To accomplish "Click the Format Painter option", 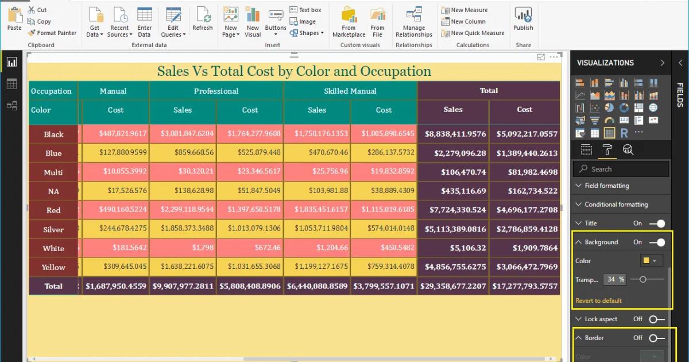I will [52, 33].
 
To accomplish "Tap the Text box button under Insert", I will [305, 10].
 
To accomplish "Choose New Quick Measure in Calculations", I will [473, 33].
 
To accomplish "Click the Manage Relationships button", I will [413, 22].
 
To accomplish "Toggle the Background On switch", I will [657, 242].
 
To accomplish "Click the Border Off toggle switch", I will [657, 338].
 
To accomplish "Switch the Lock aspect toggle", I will [657, 319].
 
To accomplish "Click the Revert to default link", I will [598, 301].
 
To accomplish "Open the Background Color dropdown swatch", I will [651, 261].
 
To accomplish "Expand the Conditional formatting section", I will [616, 205].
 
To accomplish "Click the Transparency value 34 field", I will [612, 279].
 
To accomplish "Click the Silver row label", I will [53, 229].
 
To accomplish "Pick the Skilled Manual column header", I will [350, 91].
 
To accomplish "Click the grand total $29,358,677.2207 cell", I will [453, 286].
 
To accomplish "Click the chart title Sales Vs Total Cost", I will [294, 71].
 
